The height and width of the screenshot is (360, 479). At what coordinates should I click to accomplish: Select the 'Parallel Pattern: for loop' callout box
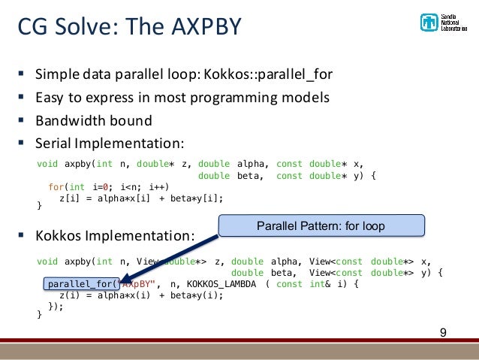[x=321, y=225]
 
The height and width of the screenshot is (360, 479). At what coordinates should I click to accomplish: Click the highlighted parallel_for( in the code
[x=81, y=284]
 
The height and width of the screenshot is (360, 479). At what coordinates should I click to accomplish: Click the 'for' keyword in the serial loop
[x=56, y=187]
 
